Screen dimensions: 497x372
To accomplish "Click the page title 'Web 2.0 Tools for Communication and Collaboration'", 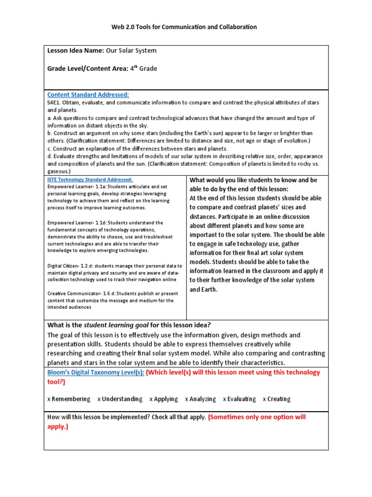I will point(186,27).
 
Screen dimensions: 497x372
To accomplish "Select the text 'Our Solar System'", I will point(131,50).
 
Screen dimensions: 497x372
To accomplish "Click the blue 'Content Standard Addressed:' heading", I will point(88,95).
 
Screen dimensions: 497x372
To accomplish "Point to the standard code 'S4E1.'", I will point(55,103).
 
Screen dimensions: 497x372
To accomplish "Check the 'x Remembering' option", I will point(69,399).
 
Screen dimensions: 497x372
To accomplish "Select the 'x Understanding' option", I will point(120,399).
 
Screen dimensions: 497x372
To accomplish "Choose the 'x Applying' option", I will point(164,399).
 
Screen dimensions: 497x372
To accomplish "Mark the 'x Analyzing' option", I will point(201,399).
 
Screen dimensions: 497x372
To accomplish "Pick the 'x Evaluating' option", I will point(239,399).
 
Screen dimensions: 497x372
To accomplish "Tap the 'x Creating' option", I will point(277,399).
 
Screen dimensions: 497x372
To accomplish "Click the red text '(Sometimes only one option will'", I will point(257,417).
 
